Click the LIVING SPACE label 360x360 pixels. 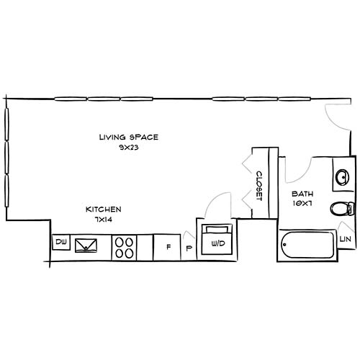128,136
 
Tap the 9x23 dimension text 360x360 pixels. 128,146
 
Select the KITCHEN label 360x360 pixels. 103,209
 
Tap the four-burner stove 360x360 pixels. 124,248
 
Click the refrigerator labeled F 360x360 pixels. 168,247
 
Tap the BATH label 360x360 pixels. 301,194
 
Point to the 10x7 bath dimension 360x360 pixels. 301,204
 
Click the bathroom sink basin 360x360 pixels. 343,176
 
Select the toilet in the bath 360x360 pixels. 341,210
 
